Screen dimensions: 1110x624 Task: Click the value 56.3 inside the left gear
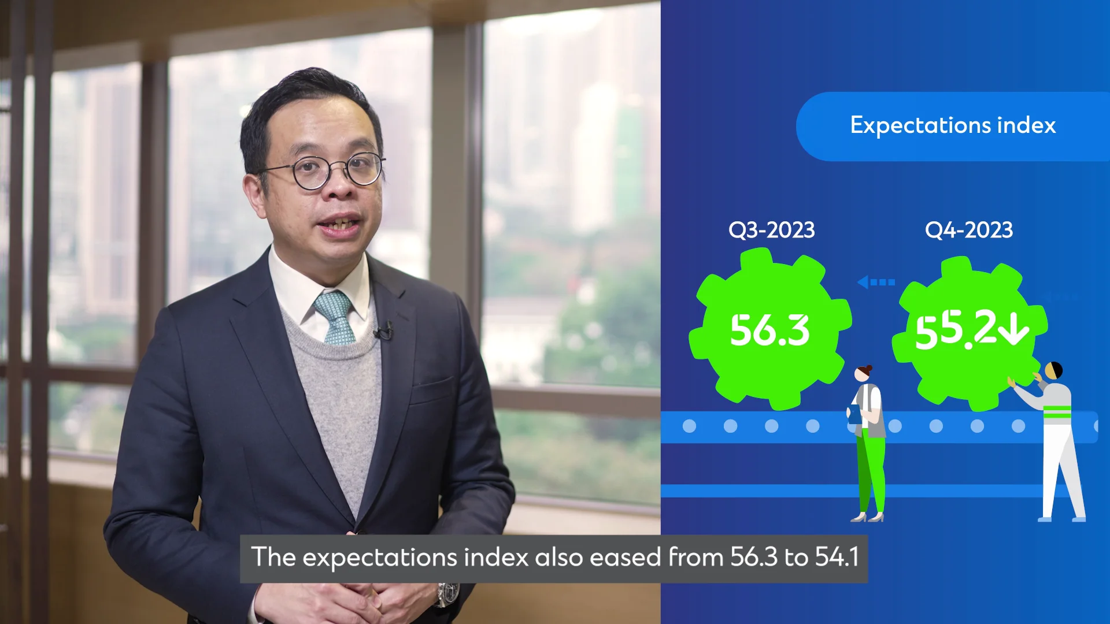(x=769, y=330)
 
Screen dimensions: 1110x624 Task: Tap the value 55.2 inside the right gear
(x=956, y=330)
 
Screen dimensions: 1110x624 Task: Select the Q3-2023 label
(x=771, y=230)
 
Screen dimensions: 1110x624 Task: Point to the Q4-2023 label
(x=969, y=230)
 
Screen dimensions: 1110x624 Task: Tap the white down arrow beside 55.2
(x=1014, y=328)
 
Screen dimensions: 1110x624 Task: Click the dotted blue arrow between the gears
(x=876, y=282)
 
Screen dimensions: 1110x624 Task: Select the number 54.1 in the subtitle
(x=837, y=557)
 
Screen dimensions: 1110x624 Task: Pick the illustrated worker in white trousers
(x=1051, y=442)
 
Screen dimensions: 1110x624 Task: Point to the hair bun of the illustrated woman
(x=868, y=368)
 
